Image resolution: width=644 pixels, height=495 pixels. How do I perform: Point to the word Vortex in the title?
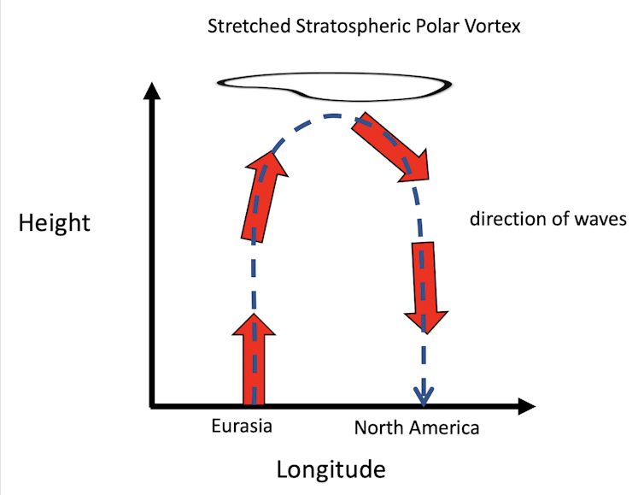pos(490,27)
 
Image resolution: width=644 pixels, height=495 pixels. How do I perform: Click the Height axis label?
pos(54,223)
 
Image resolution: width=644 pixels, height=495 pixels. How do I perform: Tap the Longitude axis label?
pos(331,469)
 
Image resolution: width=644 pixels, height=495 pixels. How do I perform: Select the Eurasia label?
pos(242,425)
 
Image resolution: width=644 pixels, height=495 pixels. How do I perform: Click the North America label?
pos(417,427)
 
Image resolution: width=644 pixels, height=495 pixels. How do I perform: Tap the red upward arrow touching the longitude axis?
pos(254,360)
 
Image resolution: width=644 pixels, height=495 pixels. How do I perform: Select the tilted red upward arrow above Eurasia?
pos(261,197)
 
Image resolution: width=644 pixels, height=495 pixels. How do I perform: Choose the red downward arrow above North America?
pos(424,286)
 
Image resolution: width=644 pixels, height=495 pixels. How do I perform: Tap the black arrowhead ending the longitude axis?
pos(525,405)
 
